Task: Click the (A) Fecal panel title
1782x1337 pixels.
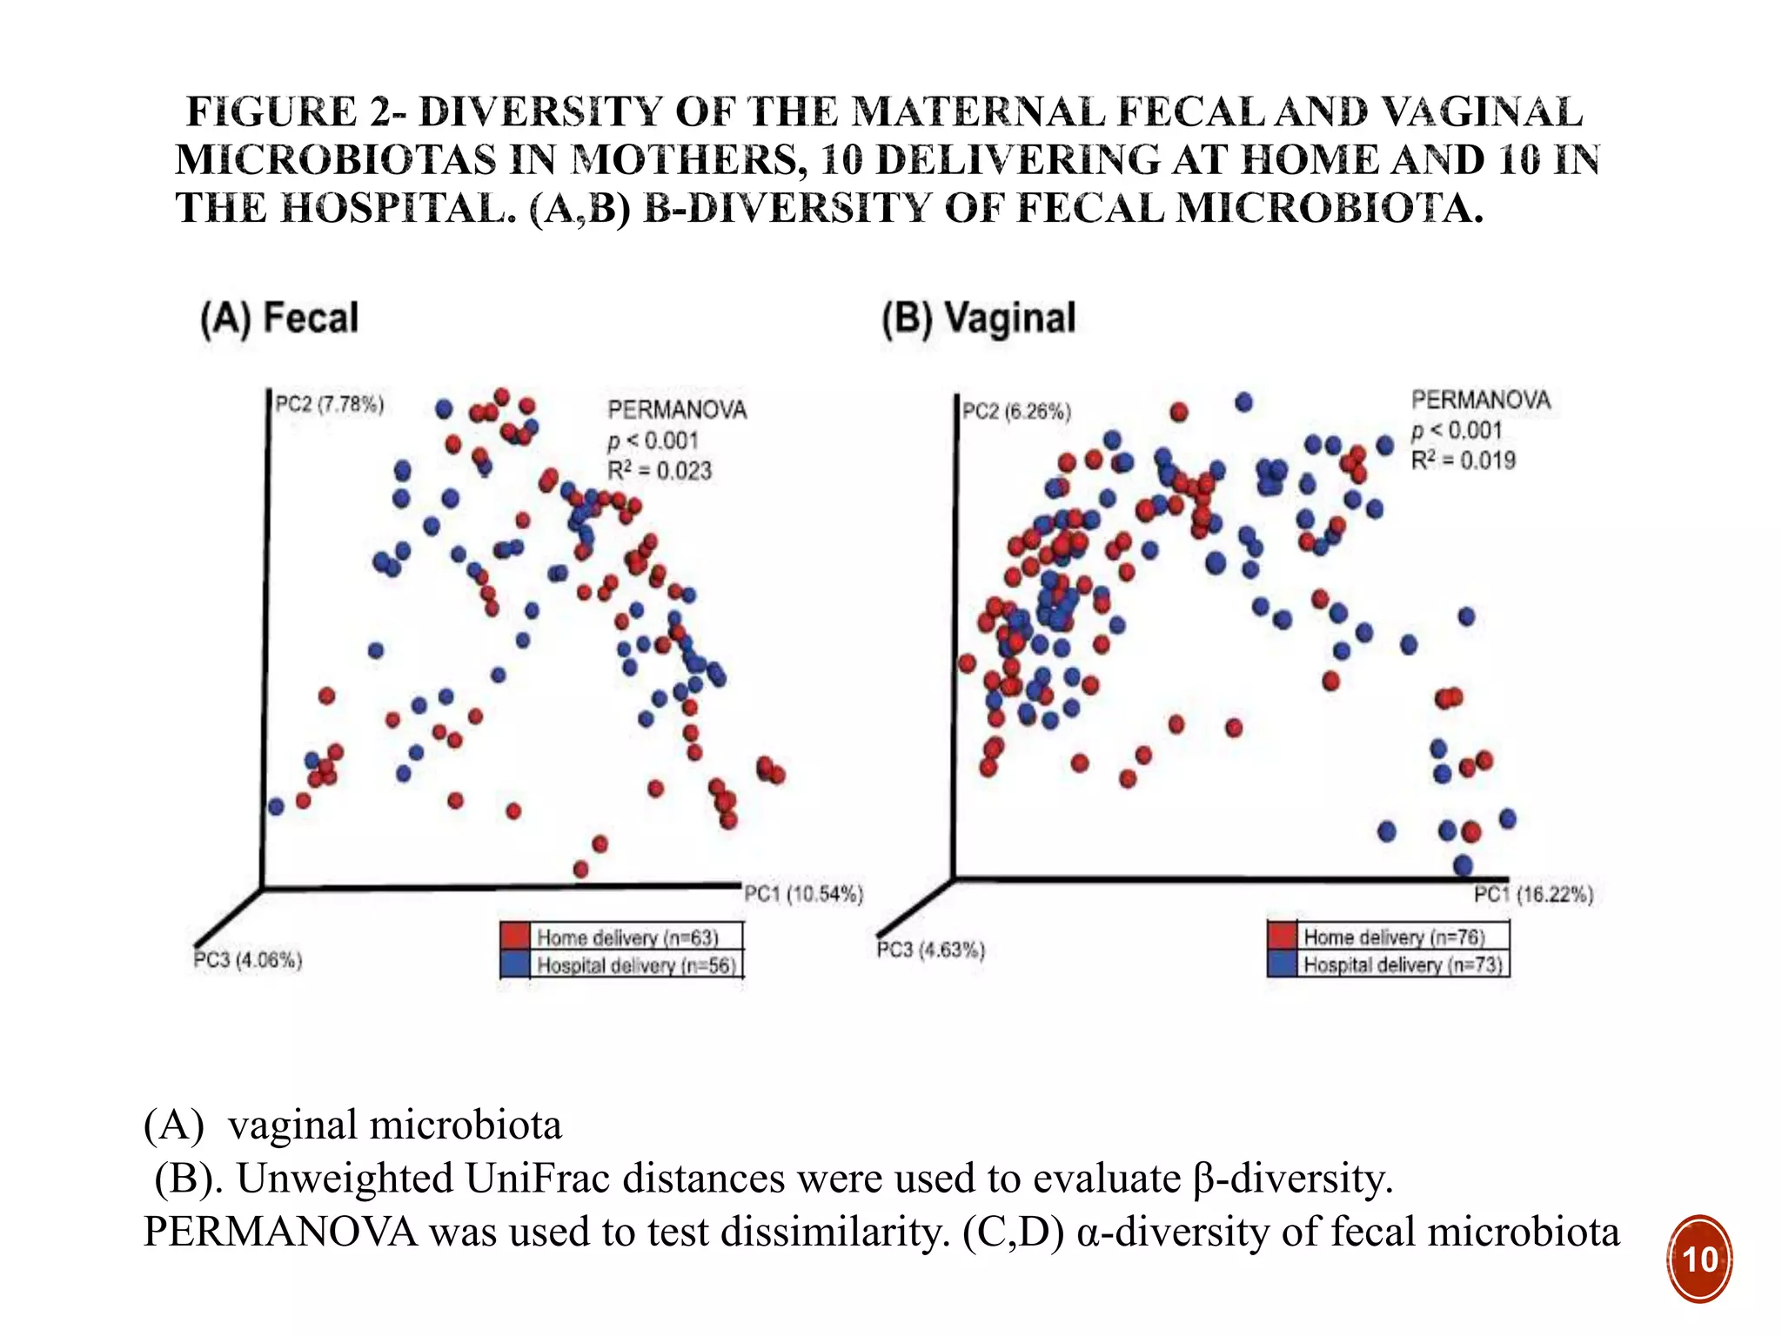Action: [279, 318]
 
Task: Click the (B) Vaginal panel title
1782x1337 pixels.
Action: [979, 319]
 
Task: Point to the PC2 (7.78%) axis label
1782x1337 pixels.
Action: [329, 405]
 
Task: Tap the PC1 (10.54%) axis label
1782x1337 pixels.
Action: [803, 894]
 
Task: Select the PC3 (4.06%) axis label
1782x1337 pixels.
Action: [248, 960]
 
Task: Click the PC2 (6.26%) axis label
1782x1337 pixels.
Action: [1015, 412]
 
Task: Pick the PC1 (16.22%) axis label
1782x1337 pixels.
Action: [1533, 895]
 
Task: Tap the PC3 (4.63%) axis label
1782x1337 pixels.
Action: [930, 950]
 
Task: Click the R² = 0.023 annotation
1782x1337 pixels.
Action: [659, 471]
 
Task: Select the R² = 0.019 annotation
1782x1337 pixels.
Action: [1463, 460]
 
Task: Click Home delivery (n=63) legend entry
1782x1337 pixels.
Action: [627, 937]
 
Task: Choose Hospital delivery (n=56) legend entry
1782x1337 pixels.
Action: [636, 965]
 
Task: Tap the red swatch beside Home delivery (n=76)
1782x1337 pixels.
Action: [1282, 936]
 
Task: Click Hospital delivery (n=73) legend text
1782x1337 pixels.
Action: [1403, 964]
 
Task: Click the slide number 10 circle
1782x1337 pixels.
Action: [1699, 1260]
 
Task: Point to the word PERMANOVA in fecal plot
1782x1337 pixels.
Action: [677, 410]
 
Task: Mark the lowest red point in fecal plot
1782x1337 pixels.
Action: [581, 869]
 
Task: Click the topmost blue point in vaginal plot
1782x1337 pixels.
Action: [1243, 402]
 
